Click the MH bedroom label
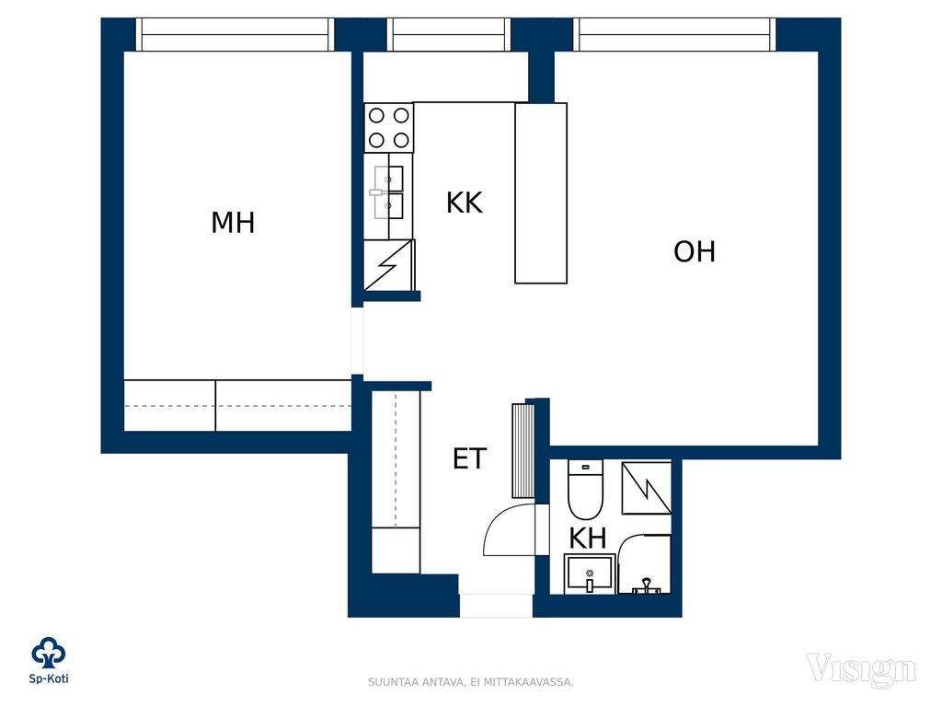tap(233, 223)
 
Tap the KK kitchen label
tap(465, 203)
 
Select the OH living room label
tap(695, 252)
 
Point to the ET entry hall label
tap(469, 458)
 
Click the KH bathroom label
tap(588, 538)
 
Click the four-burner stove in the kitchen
tap(389, 127)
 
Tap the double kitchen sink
tap(389, 192)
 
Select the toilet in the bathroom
tap(585, 490)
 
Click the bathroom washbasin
tap(590, 574)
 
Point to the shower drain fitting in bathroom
tap(647, 586)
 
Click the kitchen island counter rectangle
tap(541, 193)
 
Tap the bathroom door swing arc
tap(500, 527)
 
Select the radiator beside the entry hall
tap(523, 451)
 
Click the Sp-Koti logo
tap(49, 660)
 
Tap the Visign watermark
tap(861, 670)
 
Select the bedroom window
tap(235, 34)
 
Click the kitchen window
tap(449, 34)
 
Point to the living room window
tap(674, 34)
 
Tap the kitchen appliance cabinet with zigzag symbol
tap(389, 265)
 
